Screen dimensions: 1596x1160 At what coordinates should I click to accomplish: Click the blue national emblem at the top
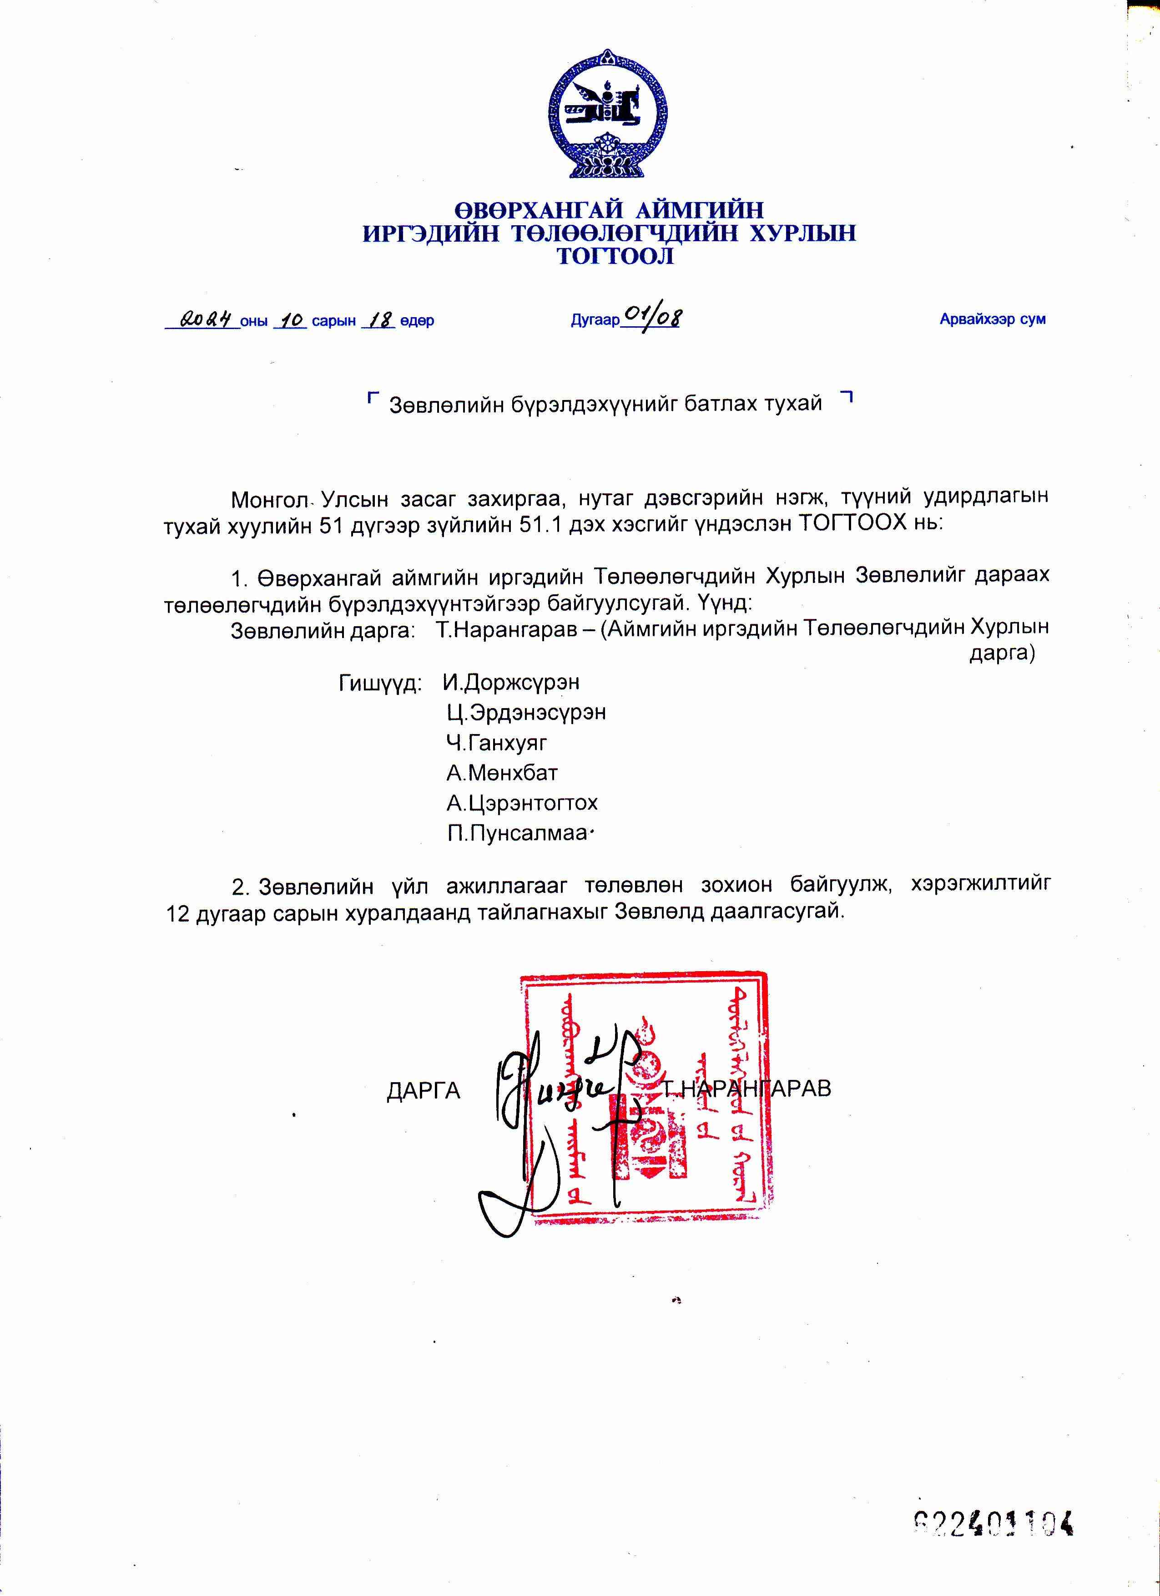[607, 114]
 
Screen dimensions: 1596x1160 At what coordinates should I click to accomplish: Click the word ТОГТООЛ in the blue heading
[615, 257]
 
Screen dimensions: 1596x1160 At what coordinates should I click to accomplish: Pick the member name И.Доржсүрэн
[511, 683]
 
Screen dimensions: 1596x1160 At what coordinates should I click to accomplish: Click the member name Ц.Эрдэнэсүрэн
[526, 713]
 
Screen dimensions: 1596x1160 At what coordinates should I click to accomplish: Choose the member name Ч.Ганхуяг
[497, 743]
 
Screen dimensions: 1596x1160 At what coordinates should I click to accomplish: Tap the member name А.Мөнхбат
[502, 773]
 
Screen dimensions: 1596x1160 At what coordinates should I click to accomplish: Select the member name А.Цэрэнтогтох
[522, 803]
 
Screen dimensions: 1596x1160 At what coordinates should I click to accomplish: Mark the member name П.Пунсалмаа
[517, 834]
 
